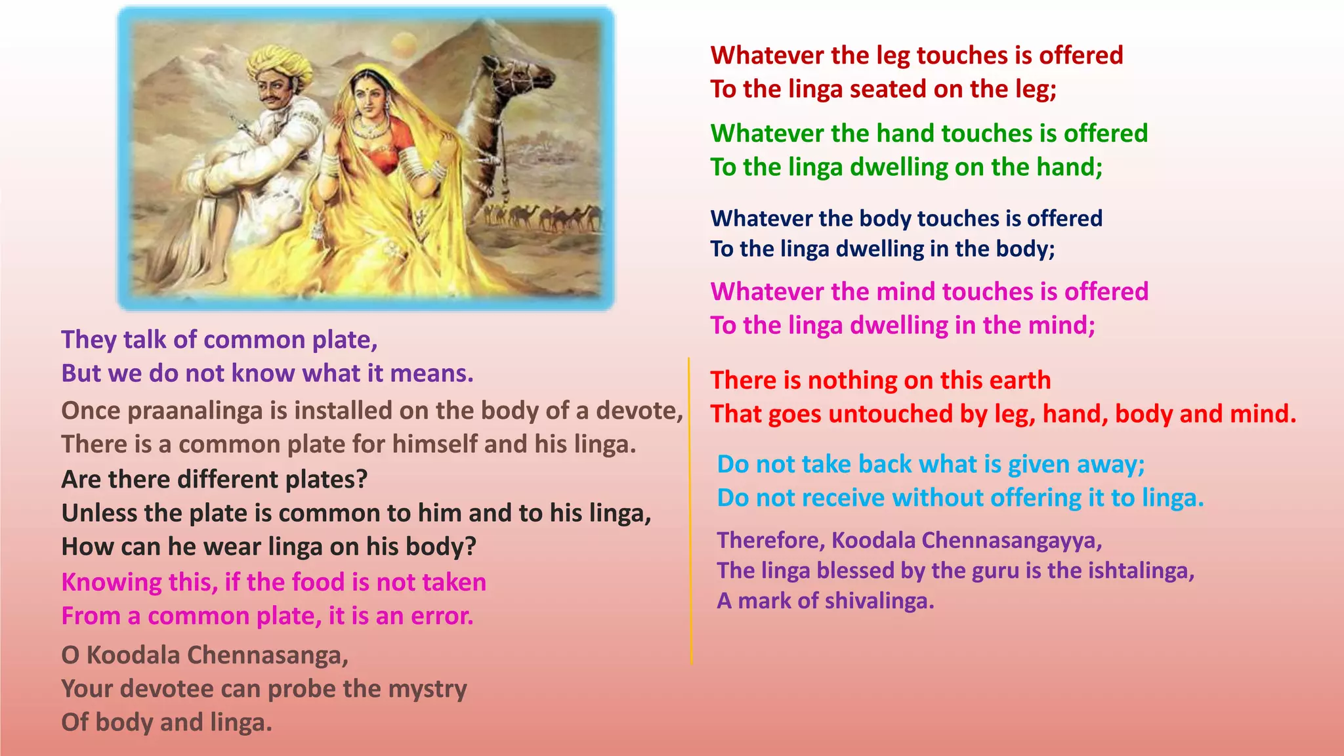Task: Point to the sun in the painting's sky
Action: (404, 45)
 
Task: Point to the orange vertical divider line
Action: (690, 512)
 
